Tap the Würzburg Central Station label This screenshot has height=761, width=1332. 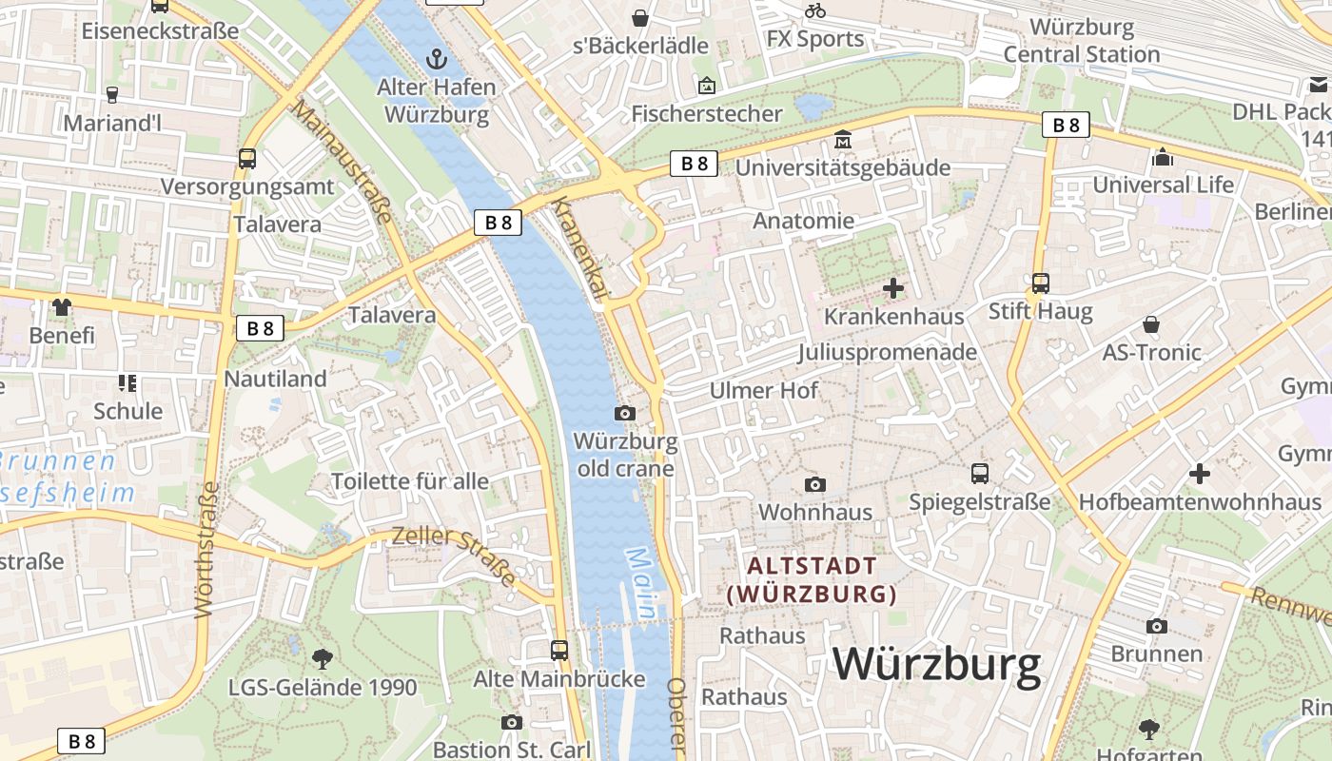(1082, 41)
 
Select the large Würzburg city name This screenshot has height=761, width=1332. (937, 663)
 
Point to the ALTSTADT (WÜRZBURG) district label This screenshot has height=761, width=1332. (812, 580)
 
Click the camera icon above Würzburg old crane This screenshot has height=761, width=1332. (625, 413)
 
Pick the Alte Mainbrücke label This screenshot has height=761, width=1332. (559, 679)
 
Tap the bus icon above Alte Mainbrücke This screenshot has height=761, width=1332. (559, 651)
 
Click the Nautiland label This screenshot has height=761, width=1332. (275, 379)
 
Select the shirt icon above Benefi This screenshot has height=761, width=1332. (62, 306)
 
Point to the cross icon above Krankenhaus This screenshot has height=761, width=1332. (893, 287)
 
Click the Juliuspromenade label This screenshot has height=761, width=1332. (887, 352)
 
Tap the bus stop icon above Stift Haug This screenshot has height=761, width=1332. (1040, 283)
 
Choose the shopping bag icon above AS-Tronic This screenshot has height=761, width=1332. (1151, 324)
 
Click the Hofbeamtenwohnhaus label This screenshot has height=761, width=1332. (1200, 501)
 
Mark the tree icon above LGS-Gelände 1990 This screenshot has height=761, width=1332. (323, 658)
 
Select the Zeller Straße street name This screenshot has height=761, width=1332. (455, 554)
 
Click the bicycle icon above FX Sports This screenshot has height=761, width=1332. (815, 11)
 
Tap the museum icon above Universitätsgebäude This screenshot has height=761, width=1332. (842, 141)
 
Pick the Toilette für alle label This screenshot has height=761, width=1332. (409, 481)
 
